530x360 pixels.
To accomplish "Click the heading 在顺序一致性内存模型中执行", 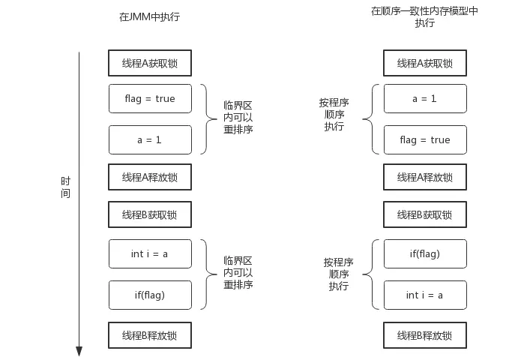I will [x=424, y=16].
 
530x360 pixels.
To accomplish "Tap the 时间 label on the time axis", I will [x=66, y=187].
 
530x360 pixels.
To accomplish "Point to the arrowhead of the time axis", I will [x=79, y=351].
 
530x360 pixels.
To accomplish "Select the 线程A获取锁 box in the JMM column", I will [x=150, y=63].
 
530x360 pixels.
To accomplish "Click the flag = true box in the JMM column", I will [x=150, y=98].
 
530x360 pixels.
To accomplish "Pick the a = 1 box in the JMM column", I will [x=150, y=139].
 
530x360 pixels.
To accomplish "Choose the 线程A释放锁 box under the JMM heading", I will [x=150, y=177].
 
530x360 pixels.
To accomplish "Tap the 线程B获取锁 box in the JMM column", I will [x=150, y=214].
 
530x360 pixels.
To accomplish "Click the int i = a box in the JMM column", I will [x=150, y=253].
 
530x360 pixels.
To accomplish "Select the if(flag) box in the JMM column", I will [x=150, y=295].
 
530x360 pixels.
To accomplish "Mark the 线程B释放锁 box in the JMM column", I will [x=150, y=334].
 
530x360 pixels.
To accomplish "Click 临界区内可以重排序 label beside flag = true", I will [x=238, y=118].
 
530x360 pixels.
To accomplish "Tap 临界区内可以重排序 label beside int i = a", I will [x=238, y=273].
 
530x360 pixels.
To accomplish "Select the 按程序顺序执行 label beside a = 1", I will [x=334, y=115].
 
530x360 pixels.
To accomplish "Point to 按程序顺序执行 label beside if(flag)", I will [x=339, y=274].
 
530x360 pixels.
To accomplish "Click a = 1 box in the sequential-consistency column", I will [x=424, y=98].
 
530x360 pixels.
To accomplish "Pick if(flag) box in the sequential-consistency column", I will [x=424, y=253].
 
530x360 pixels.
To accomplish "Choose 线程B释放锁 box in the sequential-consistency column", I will [x=424, y=334].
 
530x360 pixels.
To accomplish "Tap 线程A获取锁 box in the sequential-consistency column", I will [x=424, y=63].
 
